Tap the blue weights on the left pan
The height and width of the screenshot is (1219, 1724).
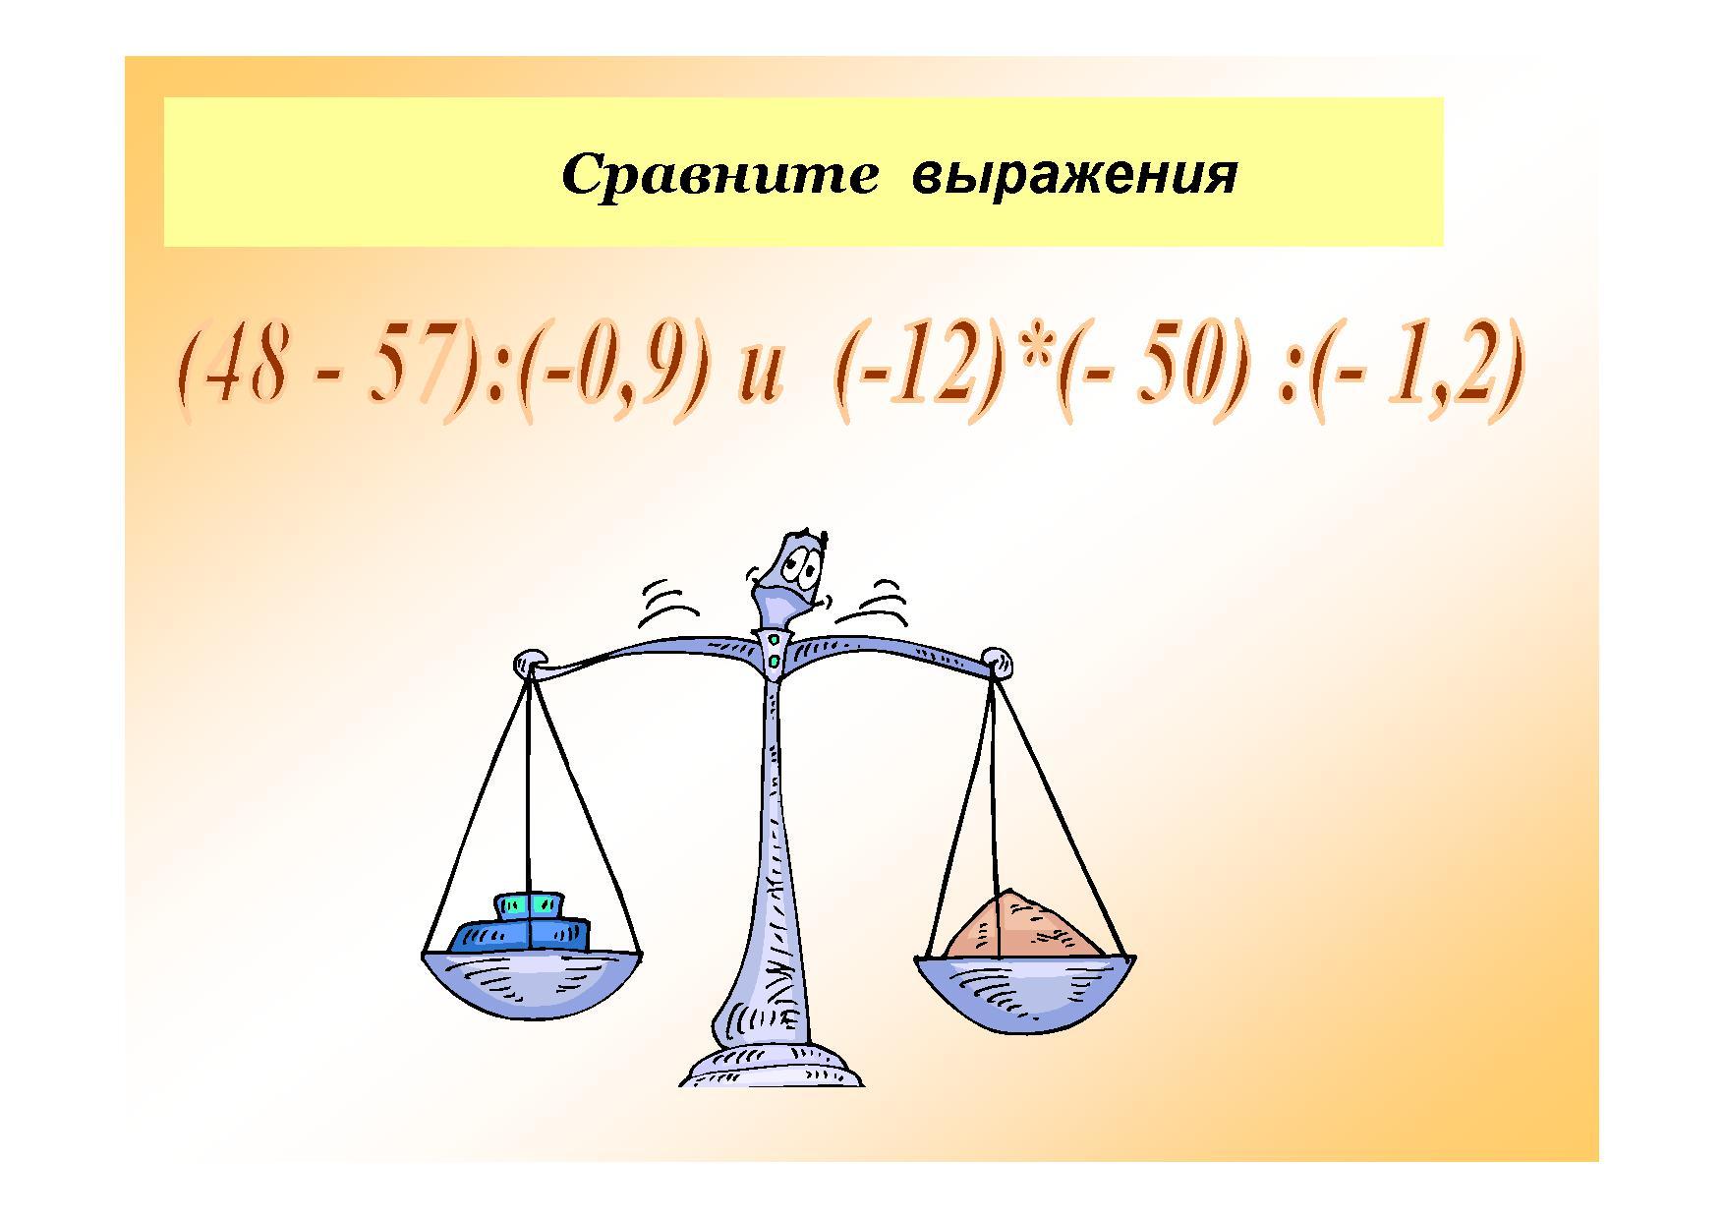521,923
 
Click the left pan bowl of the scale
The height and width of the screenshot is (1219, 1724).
532,988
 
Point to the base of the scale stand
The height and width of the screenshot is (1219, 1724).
772,1066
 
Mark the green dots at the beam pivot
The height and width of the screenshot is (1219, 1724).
775,651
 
